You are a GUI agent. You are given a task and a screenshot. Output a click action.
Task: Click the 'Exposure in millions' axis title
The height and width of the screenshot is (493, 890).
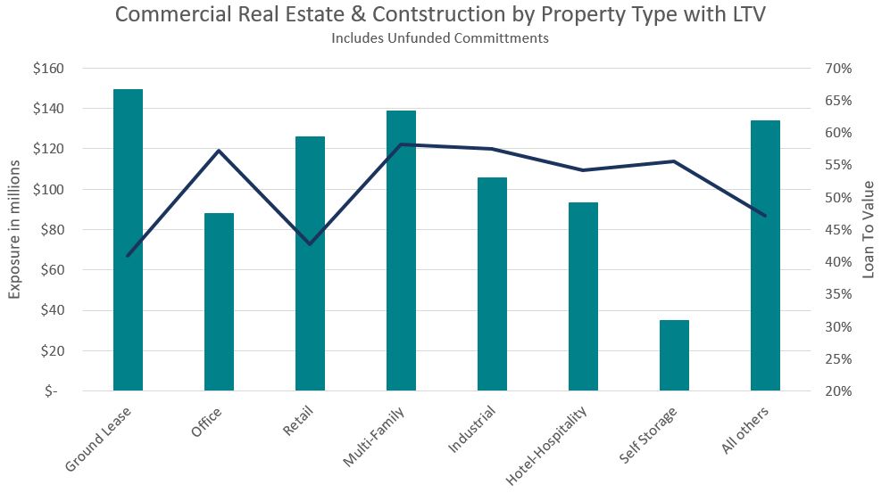click(15, 230)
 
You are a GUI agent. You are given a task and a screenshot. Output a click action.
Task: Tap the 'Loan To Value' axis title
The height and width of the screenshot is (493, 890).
click(869, 230)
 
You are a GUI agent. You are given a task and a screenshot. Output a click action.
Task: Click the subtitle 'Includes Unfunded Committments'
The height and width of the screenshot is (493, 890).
click(439, 38)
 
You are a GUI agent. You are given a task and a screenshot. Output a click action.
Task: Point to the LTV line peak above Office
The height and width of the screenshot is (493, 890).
click(219, 151)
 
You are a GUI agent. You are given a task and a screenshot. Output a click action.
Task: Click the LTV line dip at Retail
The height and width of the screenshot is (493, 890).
click(310, 243)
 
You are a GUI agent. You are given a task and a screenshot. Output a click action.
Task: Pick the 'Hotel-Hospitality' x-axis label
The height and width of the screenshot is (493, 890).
click(548, 446)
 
